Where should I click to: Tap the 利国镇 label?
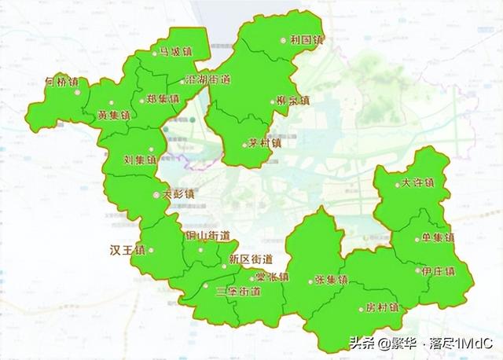point(307,39)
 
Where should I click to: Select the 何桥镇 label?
point(61,80)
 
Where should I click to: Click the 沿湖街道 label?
point(207,80)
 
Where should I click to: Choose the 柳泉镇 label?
point(293,101)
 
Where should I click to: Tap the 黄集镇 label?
point(114,115)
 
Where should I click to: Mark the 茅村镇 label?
point(263,143)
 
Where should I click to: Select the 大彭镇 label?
point(178,193)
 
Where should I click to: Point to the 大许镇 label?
point(417,182)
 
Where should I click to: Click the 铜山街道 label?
point(207,235)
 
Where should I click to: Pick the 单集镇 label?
point(438,237)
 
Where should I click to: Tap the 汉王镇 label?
point(127,252)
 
